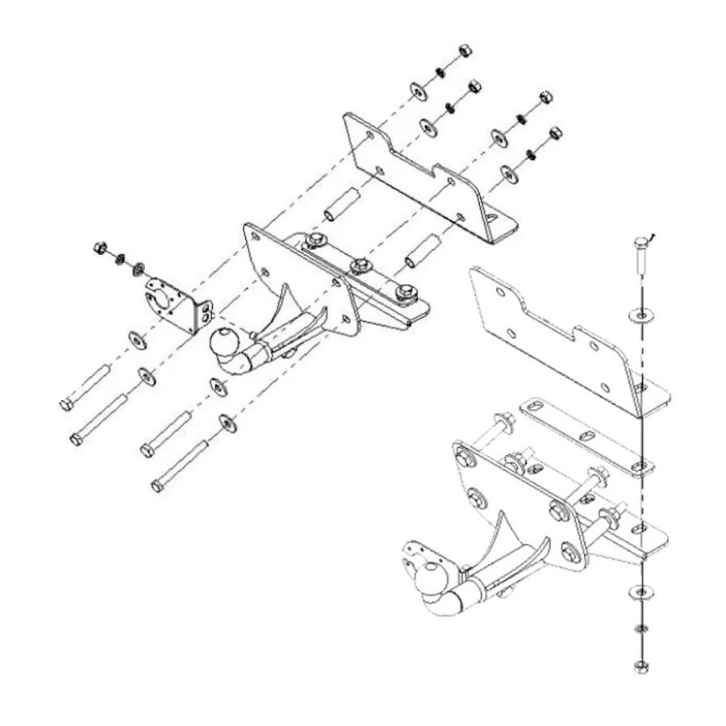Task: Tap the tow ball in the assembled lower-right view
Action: (x=432, y=578)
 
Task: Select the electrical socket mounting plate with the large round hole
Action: (x=172, y=303)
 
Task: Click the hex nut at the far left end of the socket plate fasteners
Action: (x=101, y=247)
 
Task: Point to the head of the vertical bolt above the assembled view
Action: (x=641, y=241)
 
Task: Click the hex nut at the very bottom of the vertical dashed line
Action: (x=640, y=666)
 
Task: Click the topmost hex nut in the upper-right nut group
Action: (x=465, y=51)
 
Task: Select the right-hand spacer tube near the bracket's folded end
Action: (x=423, y=251)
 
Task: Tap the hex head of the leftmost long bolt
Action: (x=65, y=404)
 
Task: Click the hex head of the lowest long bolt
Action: (x=157, y=486)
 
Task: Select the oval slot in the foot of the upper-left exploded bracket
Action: (x=490, y=218)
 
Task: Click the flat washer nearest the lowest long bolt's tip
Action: (x=228, y=423)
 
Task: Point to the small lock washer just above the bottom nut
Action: (x=640, y=628)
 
